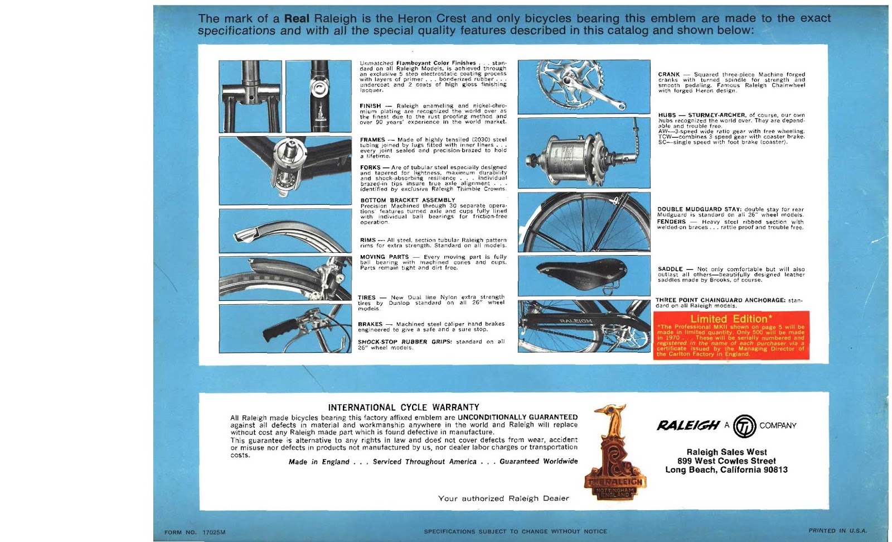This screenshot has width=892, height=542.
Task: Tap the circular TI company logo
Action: pos(744,426)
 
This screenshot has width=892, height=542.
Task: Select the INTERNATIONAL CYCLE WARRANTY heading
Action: pos(403,407)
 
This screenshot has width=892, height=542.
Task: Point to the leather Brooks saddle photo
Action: pos(584,276)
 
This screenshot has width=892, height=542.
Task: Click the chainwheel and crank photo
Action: pos(584,87)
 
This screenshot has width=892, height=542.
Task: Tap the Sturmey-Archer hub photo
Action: pos(584,152)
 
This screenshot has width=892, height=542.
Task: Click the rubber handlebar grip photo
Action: pos(285,329)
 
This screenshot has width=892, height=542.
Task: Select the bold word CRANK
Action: pos(668,74)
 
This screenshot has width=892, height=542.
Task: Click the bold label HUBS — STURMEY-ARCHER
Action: pos(701,115)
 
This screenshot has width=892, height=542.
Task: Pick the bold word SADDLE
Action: pos(671,269)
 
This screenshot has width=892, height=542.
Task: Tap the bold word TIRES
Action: pos(366,298)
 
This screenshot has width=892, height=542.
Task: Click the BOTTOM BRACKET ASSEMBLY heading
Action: pos(408,200)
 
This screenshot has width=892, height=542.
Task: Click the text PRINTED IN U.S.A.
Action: pos(837,531)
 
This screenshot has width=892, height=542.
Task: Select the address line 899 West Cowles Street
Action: pos(726,461)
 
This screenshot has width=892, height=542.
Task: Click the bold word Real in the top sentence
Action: pos(297,18)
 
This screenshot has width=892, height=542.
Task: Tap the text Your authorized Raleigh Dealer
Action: pos(503,498)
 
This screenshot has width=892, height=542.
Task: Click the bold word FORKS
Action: pos(370,167)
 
